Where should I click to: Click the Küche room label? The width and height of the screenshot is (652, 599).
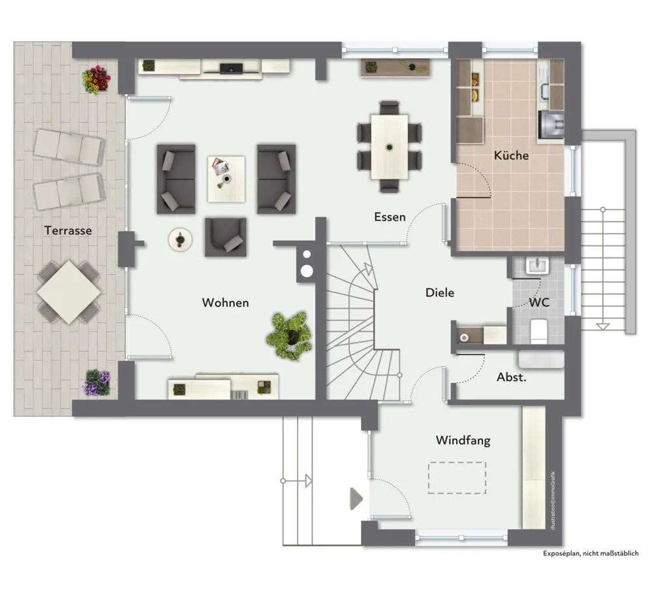511,155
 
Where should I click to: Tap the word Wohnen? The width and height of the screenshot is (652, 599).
225,303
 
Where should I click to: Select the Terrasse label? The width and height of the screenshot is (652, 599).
68,231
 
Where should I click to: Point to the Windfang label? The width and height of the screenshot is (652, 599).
463,440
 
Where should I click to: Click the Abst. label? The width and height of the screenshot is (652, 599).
512,377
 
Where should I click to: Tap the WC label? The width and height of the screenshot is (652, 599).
539,302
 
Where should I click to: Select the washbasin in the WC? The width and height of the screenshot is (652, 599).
537,266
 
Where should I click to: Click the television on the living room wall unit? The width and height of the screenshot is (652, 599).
231,68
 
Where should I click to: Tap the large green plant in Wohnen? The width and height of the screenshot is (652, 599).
290,335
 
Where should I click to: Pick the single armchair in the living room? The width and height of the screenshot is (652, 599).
225,237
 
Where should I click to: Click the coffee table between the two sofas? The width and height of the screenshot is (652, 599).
226,179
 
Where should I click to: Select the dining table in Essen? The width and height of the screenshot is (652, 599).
389,147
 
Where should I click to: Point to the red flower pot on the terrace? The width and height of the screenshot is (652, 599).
97,80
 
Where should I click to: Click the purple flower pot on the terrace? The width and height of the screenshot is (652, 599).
97,382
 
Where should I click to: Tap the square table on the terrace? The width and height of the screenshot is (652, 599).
69,292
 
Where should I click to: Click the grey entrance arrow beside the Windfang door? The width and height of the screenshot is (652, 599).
356,499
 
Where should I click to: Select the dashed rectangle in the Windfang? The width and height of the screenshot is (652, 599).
457,478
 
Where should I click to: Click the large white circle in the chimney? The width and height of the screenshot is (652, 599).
307,271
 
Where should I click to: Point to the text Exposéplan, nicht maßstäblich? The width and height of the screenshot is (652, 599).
591,553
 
